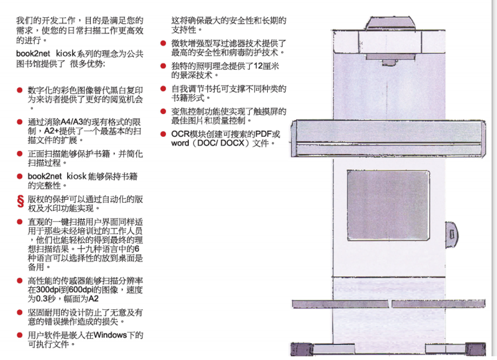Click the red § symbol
(x=19, y=202)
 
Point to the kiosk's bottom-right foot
(x=476, y=348)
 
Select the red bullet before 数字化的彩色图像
(x=19, y=91)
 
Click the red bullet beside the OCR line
(x=163, y=134)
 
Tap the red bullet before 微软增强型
(x=163, y=43)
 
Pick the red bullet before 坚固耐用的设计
(x=19, y=312)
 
